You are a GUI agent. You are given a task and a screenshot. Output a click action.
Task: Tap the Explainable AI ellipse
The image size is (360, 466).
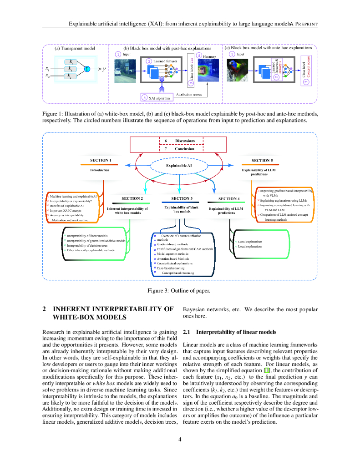point(179,166)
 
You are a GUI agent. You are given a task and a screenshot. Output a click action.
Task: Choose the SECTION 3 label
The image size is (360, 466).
point(182,198)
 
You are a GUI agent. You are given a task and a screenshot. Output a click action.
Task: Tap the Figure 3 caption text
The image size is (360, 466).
point(179,290)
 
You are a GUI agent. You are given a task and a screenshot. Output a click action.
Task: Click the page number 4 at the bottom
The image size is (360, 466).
point(180,439)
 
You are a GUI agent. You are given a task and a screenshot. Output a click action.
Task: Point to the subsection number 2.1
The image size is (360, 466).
point(187,332)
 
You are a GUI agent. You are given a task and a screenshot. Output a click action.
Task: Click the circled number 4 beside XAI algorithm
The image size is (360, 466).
point(144,97)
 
